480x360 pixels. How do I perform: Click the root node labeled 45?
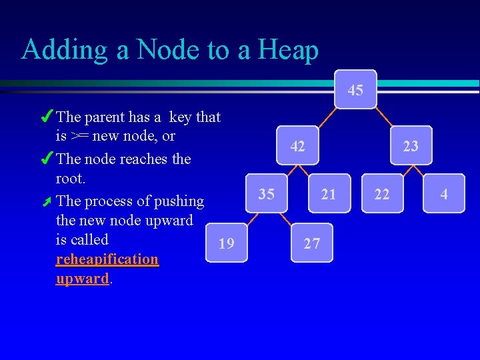tap(355, 89)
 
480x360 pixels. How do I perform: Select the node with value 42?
tap(298, 145)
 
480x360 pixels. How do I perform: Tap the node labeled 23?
tap(411, 145)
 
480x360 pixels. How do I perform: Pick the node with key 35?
tap(267, 194)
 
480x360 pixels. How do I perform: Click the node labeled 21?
tap(328, 194)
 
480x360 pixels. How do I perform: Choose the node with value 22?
tap(382, 194)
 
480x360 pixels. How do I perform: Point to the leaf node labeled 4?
tap(443, 194)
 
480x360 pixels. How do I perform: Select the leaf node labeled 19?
tap(227, 243)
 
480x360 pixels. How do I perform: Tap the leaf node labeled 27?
tap(311, 243)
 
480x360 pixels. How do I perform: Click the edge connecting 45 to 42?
tap(326, 117)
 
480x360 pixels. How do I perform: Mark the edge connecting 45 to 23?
tap(385, 117)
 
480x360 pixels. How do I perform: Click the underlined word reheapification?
tap(107, 259)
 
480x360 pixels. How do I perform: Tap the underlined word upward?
tap(83, 278)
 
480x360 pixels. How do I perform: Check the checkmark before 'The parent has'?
tap(47, 117)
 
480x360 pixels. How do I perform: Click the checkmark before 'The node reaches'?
tap(47, 159)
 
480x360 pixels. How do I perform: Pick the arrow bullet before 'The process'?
tap(47, 201)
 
